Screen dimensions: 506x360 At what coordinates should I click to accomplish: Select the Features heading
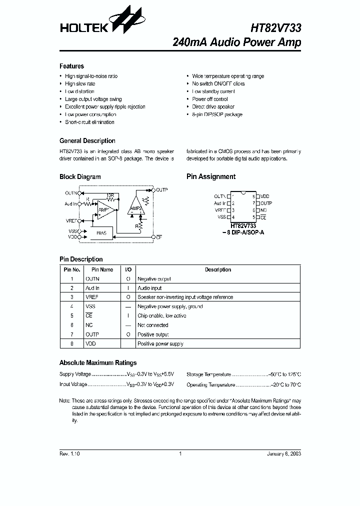click(x=71, y=66)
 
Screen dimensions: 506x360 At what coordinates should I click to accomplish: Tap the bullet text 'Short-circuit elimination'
click(x=89, y=122)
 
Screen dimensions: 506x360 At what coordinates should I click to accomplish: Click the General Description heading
click(x=87, y=141)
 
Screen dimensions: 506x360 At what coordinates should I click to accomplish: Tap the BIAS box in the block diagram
click(x=101, y=233)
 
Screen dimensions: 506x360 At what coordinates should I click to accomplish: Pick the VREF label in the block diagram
click(x=71, y=220)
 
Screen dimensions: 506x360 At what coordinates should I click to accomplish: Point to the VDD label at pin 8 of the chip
click(x=264, y=196)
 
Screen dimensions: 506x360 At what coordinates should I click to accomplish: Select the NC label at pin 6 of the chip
click(x=263, y=210)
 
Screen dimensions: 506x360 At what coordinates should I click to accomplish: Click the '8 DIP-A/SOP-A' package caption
click(x=243, y=233)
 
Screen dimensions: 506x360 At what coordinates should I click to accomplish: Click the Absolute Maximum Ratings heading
click(x=97, y=362)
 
